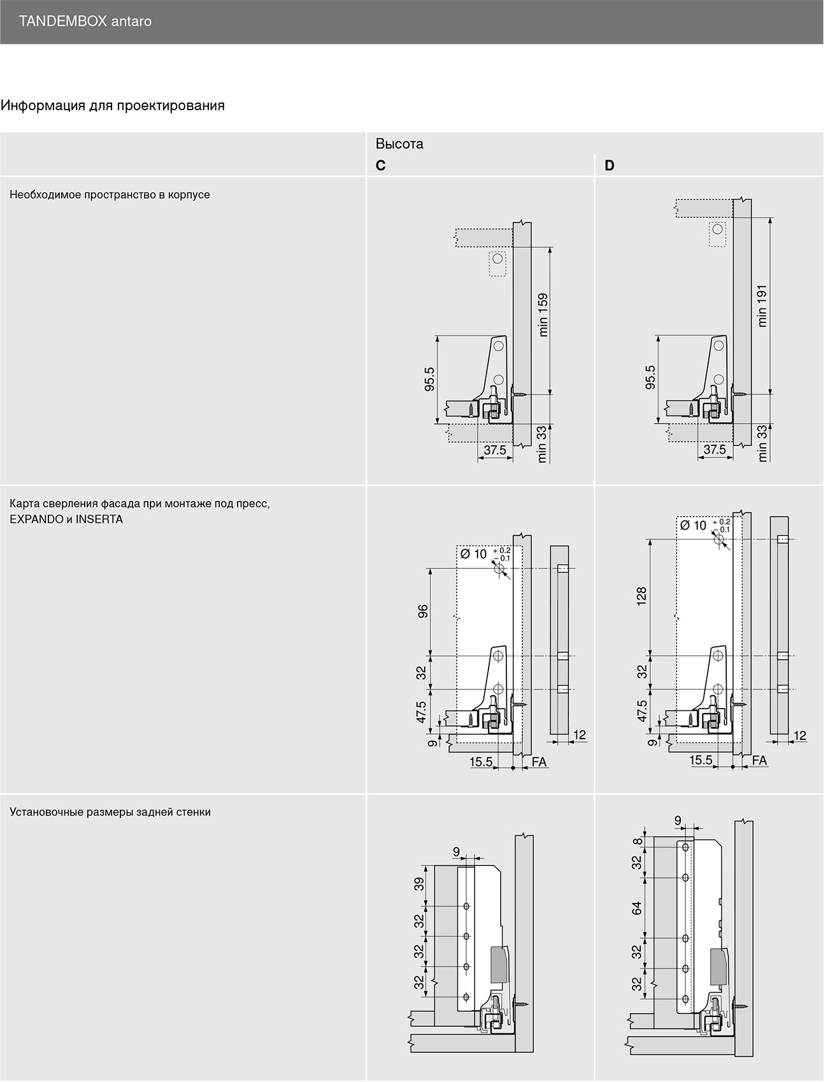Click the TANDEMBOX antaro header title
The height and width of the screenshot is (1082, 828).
click(85, 22)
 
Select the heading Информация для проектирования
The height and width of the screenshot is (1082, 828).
click(113, 106)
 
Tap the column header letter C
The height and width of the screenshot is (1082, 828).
click(381, 166)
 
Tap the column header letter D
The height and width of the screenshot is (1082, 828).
click(610, 166)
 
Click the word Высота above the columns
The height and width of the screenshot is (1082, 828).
click(399, 144)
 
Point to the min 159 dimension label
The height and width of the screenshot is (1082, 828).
click(543, 315)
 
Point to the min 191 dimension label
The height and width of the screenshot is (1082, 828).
click(762, 306)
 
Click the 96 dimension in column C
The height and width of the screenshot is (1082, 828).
click(422, 611)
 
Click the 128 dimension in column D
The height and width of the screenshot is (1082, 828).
click(641, 596)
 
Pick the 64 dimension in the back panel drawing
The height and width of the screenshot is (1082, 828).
click(637, 909)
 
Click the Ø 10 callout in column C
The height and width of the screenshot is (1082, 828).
click(473, 554)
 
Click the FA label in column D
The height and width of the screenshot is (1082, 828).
click(759, 761)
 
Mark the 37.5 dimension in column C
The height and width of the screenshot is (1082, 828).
click(495, 451)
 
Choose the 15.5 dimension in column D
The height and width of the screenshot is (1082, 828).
click(701, 760)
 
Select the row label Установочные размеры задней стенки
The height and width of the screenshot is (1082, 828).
click(110, 812)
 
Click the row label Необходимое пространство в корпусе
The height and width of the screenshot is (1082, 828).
click(110, 195)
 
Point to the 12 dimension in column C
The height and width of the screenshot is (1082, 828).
click(580, 735)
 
